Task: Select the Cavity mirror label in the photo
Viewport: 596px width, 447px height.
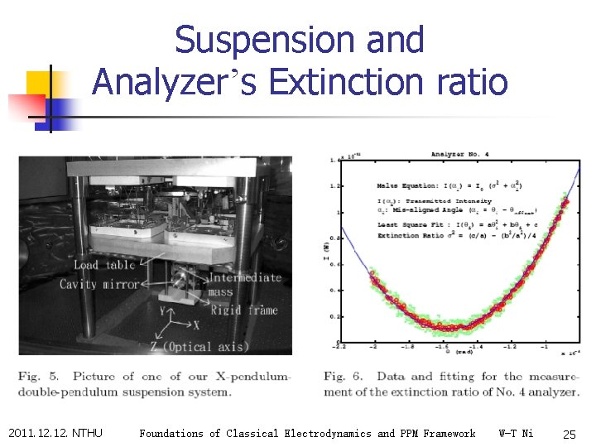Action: [99, 284]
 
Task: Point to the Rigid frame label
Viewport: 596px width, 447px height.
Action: [243, 310]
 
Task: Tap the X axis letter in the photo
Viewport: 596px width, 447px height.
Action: [195, 325]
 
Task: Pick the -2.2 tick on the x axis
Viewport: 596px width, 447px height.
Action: [339, 348]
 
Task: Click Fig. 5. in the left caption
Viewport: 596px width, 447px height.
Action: [38, 377]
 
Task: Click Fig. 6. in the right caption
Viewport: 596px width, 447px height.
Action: [343, 377]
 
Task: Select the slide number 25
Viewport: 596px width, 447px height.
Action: [569, 434]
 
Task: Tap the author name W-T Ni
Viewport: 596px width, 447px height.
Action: [517, 433]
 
